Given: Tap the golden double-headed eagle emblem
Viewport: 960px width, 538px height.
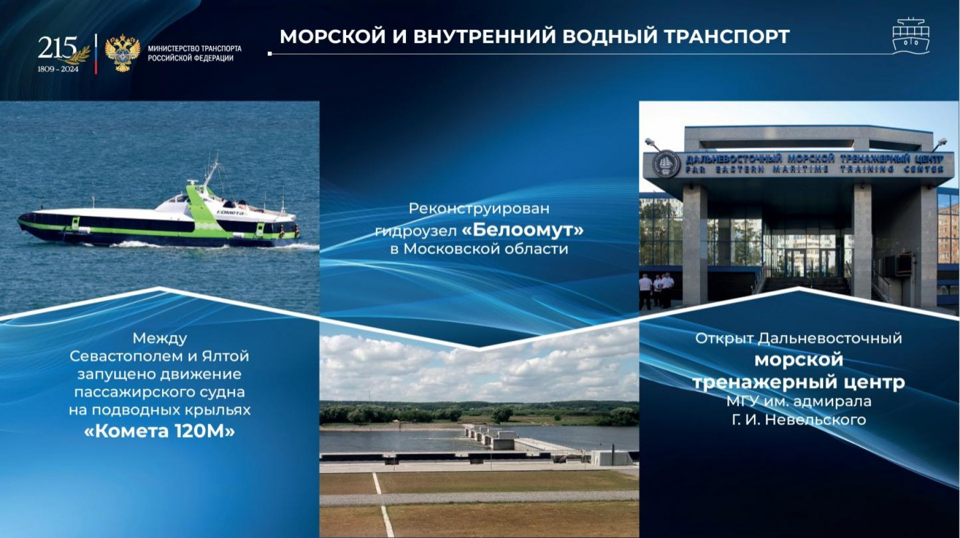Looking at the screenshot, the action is tap(123, 53).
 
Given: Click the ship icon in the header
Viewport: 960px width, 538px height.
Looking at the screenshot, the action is tap(911, 36).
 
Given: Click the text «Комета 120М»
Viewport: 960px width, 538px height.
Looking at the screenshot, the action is tap(159, 431).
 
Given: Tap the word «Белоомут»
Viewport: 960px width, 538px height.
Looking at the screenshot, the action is tap(523, 230).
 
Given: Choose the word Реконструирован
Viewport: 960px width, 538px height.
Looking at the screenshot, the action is tap(479, 208).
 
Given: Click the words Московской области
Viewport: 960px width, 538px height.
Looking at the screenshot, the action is tap(485, 249).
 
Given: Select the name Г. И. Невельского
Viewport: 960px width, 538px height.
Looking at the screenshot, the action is tap(798, 420).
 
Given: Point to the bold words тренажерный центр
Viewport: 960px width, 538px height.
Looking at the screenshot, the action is tap(798, 382).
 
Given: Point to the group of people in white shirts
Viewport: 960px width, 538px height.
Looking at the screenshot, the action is tap(657, 290).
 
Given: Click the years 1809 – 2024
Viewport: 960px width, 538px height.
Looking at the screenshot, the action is tap(58, 69).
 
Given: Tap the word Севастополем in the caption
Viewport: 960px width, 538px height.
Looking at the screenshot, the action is tap(126, 356).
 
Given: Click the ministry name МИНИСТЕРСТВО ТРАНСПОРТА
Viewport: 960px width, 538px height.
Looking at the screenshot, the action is tap(195, 48).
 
